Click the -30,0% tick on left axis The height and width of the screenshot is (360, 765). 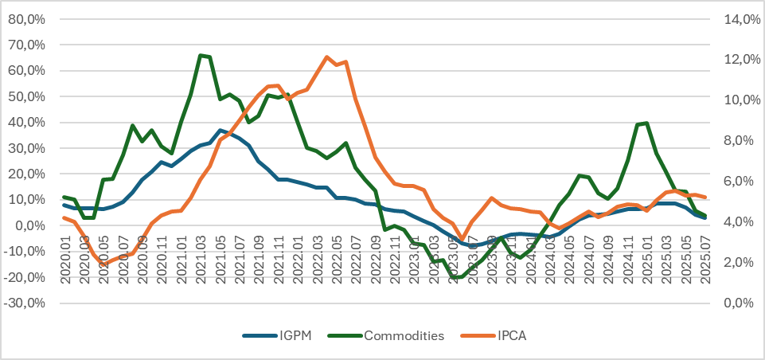coord(29,303)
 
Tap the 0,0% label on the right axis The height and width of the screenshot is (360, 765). coord(741,303)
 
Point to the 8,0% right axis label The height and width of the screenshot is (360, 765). coord(741,141)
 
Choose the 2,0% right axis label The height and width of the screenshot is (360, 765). coord(741,263)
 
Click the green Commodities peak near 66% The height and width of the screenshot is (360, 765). coord(201,55)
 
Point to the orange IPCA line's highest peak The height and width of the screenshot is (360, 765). coord(327,57)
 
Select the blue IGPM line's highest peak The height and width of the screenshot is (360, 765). coord(221,130)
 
